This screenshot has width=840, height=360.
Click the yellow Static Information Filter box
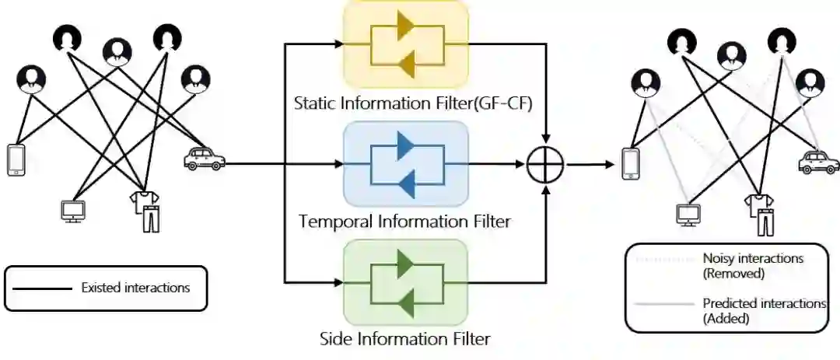pos(405,44)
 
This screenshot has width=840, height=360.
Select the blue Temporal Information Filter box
pos(405,164)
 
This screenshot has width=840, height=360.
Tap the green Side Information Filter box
pos(405,282)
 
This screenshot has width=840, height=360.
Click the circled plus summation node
pos(545,165)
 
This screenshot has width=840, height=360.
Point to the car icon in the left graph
pos(204,159)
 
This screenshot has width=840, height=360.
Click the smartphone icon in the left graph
pos(16,159)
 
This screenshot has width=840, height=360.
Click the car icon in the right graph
pos(819,163)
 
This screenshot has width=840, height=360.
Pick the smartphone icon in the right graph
pos(632,163)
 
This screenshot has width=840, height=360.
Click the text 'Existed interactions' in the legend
pos(135,288)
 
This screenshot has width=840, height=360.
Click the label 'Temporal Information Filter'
pos(405,222)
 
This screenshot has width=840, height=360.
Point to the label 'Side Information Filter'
pos(405,339)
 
